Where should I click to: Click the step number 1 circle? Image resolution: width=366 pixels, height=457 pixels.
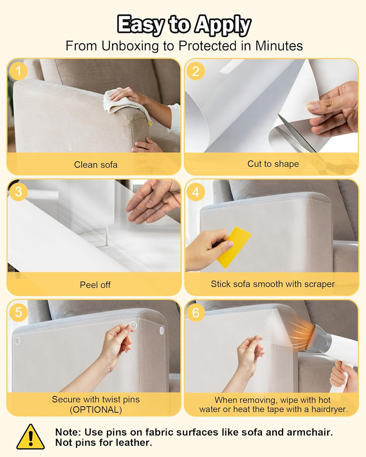[18, 71]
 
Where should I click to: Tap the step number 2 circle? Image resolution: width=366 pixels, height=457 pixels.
[196, 71]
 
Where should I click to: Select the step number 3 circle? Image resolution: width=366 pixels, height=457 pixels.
[18, 192]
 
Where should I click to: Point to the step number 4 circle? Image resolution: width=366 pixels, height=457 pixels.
[196, 192]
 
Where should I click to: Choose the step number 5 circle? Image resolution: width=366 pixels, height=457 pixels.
[18, 312]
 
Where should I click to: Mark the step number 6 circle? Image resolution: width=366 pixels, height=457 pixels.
[196, 312]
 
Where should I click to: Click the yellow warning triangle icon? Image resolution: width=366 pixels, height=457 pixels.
[30, 438]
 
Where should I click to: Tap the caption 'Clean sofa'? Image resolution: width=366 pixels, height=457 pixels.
[95, 165]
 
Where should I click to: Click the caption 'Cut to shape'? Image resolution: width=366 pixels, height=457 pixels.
[273, 164]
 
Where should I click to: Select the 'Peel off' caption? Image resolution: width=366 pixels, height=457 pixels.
[95, 285]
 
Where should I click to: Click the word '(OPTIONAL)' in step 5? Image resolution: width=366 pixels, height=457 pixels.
[96, 410]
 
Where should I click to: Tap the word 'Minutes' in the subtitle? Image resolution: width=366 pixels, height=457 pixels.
[279, 46]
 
